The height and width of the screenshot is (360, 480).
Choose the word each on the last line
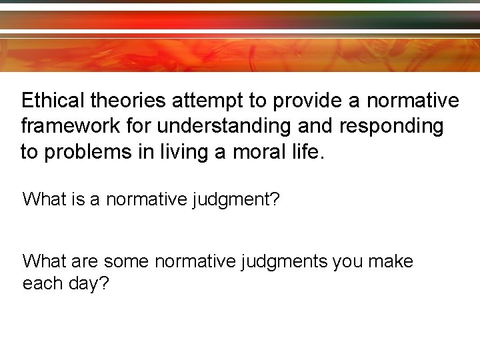coord(43,283)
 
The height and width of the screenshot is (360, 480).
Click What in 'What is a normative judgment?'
coord(44,199)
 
